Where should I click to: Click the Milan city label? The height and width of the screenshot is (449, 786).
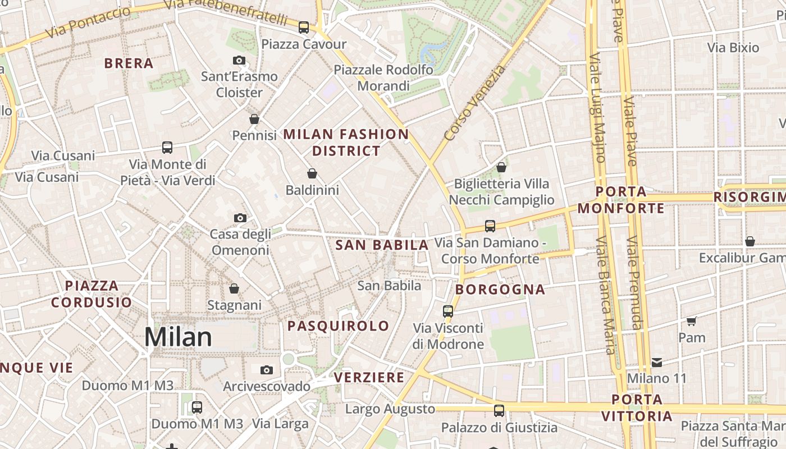pos(178,337)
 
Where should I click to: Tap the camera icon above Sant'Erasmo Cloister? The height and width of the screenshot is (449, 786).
pos(239,60)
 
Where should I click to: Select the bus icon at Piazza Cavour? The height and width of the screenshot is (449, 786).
pos(304,27)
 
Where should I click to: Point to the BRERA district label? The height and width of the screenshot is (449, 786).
pos(129,63)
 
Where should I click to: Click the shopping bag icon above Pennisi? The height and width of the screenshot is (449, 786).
pos(254,119)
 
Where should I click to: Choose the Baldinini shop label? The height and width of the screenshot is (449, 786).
pos(312,190)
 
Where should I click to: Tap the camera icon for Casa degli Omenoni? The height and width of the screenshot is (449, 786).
pos(240,218)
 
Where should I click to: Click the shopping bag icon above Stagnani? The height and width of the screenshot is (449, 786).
pos(234,288)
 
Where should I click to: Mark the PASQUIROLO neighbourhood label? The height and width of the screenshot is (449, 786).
pos(338,326)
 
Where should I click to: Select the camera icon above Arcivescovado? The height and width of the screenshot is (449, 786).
pos(267,370)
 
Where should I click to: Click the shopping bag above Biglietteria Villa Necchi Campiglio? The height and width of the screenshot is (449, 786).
pos(501,167)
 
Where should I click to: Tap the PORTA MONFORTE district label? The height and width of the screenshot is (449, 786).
pos(621,200)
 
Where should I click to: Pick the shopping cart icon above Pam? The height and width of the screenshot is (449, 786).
pos(691,321)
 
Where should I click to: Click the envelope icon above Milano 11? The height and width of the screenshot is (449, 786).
pos(656,362)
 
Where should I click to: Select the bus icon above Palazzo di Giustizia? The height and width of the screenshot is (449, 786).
pos(499,411)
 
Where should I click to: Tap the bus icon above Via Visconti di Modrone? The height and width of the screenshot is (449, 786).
pos(447,311)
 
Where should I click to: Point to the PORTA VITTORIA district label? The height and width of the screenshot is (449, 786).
pos(637,408)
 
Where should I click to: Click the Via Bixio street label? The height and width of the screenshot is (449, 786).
pos(733,48)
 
